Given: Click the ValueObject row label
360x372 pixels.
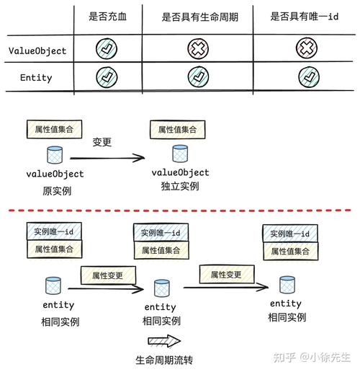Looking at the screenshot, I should [37, 50].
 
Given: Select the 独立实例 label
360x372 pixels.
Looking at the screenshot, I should [180, 187].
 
